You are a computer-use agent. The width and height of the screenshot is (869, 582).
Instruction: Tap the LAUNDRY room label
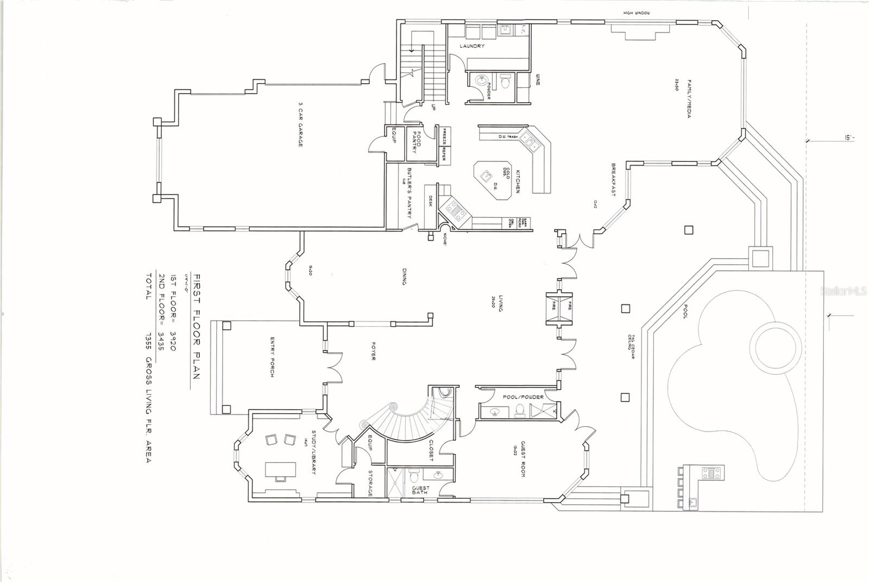pos(472,46)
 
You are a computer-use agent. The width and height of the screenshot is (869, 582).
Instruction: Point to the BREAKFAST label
pos(613,179)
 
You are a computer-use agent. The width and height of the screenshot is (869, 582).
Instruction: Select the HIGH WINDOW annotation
pos(637,13)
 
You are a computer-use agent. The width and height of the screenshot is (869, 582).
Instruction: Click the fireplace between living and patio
pos(559,308)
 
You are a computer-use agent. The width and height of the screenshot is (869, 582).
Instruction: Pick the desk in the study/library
pos(281,471)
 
